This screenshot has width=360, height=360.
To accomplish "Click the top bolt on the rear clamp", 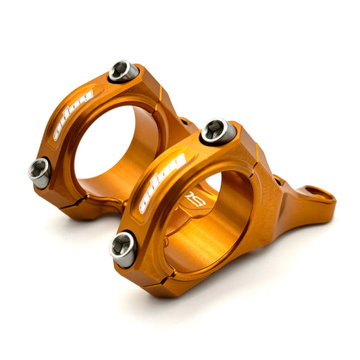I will tap(124, 71).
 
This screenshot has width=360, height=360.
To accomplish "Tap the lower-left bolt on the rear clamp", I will tap(40, 172).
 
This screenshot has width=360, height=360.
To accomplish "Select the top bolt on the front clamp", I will tap(218, 131).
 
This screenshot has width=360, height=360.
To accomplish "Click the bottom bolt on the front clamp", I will tap(123, 249).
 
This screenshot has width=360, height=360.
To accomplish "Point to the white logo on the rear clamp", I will tap(74, 114).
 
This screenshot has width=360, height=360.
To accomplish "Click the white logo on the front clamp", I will tap(162, 182).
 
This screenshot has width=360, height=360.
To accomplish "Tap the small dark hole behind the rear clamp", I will tap(184, 123).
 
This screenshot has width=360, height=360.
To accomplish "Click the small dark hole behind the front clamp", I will tap(277, 180).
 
